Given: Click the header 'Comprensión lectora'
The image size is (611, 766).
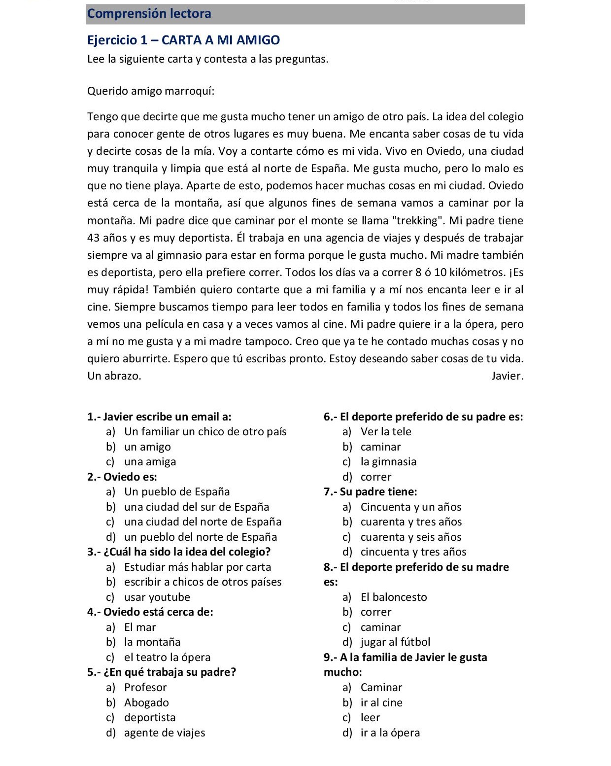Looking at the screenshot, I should point(149,14).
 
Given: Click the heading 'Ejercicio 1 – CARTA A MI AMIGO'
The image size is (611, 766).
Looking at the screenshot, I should point(183,40).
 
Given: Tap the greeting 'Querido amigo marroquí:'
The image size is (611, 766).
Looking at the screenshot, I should point(151,92).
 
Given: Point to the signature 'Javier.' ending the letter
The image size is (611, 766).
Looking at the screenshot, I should point(507,376).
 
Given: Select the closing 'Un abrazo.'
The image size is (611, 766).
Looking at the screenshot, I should point(114,376).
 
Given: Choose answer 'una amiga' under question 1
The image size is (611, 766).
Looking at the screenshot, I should point(150,462).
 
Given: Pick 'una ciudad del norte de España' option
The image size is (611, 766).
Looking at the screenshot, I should point(203,522).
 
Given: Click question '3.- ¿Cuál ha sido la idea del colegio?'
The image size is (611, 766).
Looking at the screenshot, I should point(179,552).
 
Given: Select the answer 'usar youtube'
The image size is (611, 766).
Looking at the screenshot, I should point(157,597).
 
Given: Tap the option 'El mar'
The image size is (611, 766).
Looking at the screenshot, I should point(140,627).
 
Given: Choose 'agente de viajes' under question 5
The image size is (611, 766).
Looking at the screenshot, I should point(165,733).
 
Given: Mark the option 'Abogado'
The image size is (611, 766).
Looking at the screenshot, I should point(146,703).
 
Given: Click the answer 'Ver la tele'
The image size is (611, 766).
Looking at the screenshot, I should point(386,432).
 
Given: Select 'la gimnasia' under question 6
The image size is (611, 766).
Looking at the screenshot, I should point(388,462).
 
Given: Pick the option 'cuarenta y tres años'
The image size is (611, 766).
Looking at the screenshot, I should point(411,522).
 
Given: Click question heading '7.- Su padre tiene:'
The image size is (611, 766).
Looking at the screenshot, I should point(370,492).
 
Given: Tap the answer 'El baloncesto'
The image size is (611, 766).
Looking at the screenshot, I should point(394,597).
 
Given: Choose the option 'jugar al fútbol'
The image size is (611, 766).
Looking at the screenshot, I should point(395,642).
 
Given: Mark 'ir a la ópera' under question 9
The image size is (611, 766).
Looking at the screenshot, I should point(390,733).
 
